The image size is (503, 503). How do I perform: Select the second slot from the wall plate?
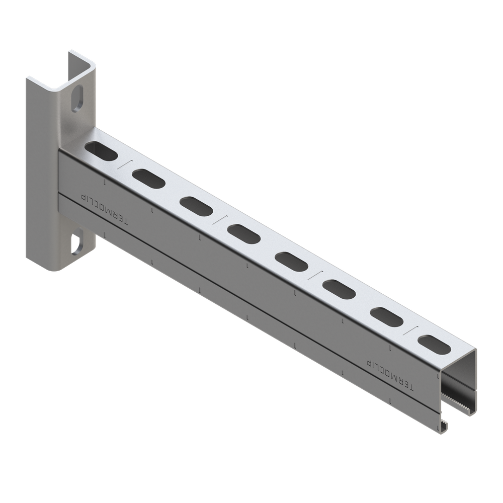tap(149, 177)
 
